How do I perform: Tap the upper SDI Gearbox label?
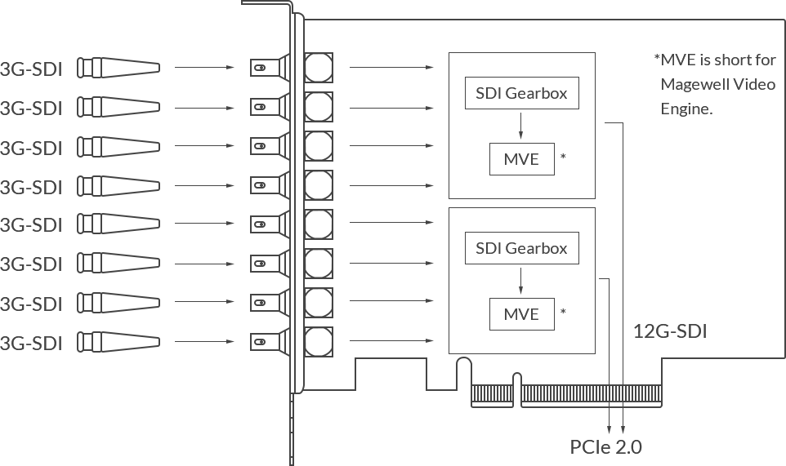pos(523,93)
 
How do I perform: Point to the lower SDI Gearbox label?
pos(523,248)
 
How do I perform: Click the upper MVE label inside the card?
pos(523,159)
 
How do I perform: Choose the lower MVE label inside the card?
pos(523,314)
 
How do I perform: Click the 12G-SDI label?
pos(672,331)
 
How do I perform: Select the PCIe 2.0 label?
pos(606,447)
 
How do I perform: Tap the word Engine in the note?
pos(689,109)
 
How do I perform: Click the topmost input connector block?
pos(119,68)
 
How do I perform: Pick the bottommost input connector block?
pos(119,342)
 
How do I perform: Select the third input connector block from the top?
pos(119,147)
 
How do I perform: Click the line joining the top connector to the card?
pos(204,67)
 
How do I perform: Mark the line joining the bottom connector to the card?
pos(204,341)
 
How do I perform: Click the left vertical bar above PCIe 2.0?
pos(610,421)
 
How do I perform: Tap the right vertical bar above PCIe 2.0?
pos(623,421)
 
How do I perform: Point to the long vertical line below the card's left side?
pos(291,430)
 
